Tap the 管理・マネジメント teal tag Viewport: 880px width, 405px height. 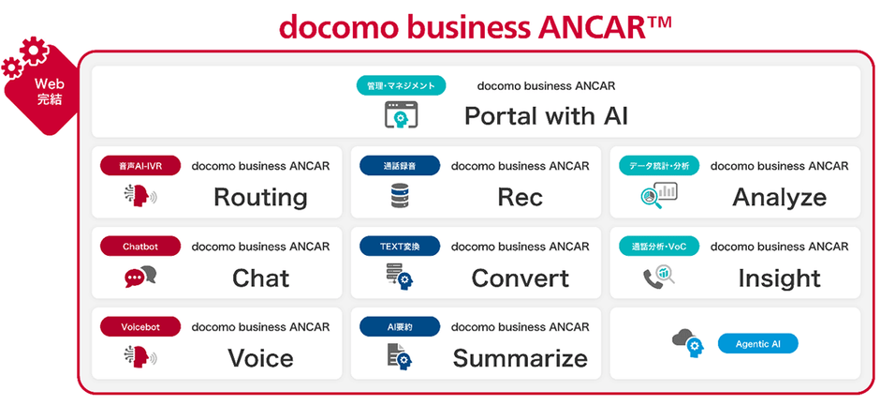[401, 86]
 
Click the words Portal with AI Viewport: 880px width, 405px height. [546, 116]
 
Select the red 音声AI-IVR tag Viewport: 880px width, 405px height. [140, 166]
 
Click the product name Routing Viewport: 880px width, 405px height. [260, 197]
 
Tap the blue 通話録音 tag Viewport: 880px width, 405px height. [400, 166]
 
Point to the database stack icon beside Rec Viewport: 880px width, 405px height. [401, 197]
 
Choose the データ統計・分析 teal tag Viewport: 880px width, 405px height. [659, 166]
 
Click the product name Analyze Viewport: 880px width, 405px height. [779, 197]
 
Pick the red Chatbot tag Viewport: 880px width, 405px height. [140, 246]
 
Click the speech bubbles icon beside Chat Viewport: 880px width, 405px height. [140, 277]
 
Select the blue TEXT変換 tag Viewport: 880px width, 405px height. [400, 246]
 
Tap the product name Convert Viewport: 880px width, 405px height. [521, 278]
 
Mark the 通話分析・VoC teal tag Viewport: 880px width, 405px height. [659, 246]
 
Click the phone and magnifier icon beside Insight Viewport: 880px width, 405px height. [658, 277]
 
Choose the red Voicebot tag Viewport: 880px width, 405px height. [140, 326]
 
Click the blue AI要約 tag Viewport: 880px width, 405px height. [400, 326]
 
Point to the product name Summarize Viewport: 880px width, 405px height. [521, 358]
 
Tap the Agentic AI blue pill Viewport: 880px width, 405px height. [757, 343]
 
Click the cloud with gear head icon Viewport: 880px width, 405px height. [688, 342]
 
